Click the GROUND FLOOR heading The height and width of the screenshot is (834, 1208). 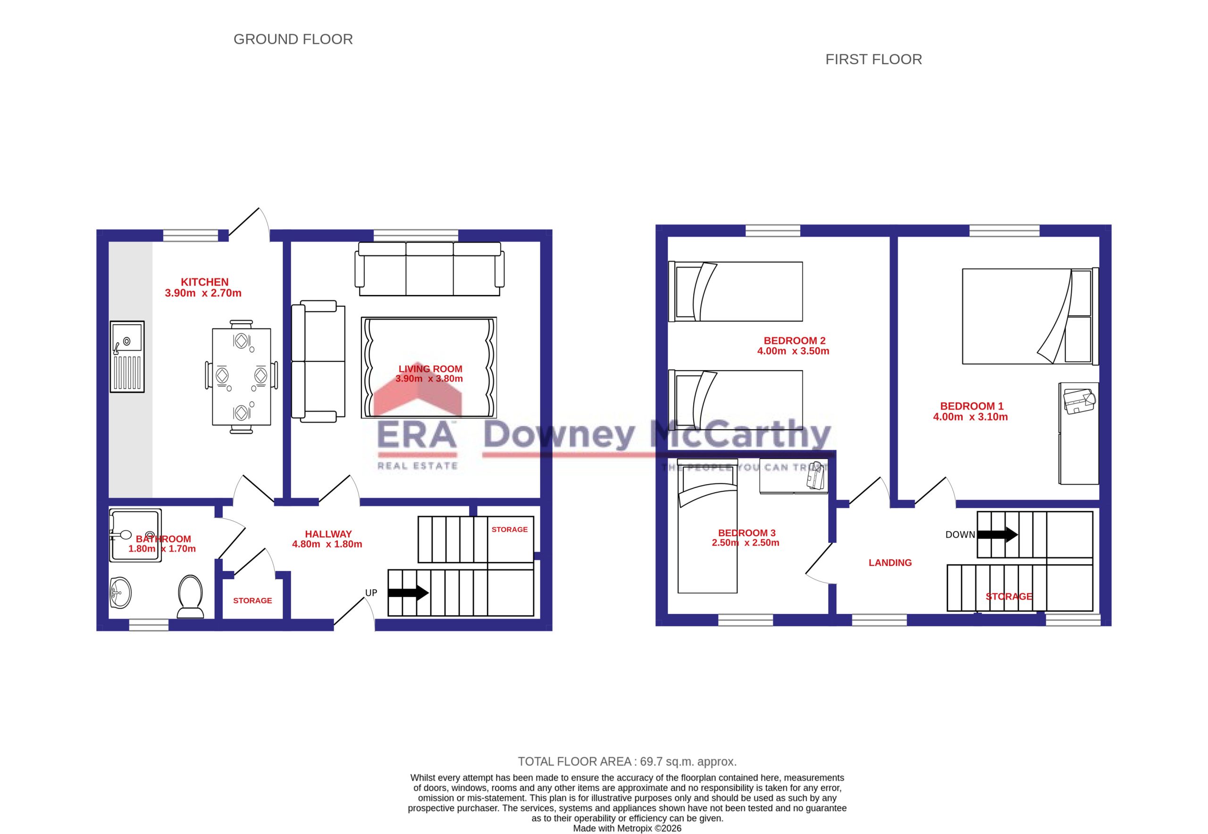293,39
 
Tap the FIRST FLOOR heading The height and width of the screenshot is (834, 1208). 873,59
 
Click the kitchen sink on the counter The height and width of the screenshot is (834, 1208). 127,356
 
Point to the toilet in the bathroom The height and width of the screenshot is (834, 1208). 190,597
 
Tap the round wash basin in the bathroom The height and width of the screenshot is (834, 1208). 121,593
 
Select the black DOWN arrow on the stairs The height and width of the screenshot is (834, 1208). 998,535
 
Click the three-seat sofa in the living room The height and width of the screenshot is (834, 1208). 429,269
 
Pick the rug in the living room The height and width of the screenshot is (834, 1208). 429,367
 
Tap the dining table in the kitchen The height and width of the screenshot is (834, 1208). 242,376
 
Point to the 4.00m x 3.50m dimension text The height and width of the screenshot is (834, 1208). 793,351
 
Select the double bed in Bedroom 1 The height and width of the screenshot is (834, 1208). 1031,316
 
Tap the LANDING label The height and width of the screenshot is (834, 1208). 890,563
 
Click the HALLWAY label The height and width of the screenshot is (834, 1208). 328,534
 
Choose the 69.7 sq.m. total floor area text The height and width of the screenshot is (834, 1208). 627,761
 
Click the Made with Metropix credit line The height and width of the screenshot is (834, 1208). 627,828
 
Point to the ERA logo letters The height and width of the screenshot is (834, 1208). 417,435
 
